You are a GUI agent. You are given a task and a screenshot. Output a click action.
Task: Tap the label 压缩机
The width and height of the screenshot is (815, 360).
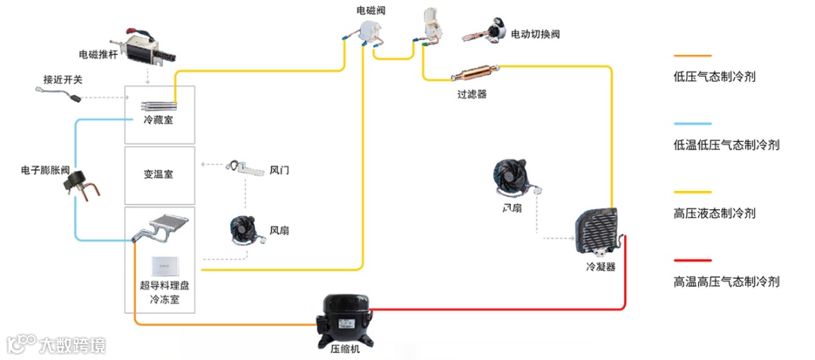(346, 349)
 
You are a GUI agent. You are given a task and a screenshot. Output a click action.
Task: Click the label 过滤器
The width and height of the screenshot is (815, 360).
(472, 94)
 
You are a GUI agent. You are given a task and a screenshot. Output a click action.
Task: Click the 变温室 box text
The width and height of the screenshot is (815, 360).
(158, 174)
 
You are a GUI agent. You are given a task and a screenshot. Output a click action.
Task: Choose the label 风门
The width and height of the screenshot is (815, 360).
(279, 171)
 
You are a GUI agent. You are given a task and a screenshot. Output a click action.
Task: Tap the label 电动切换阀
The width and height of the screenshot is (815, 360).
(535, 35)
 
